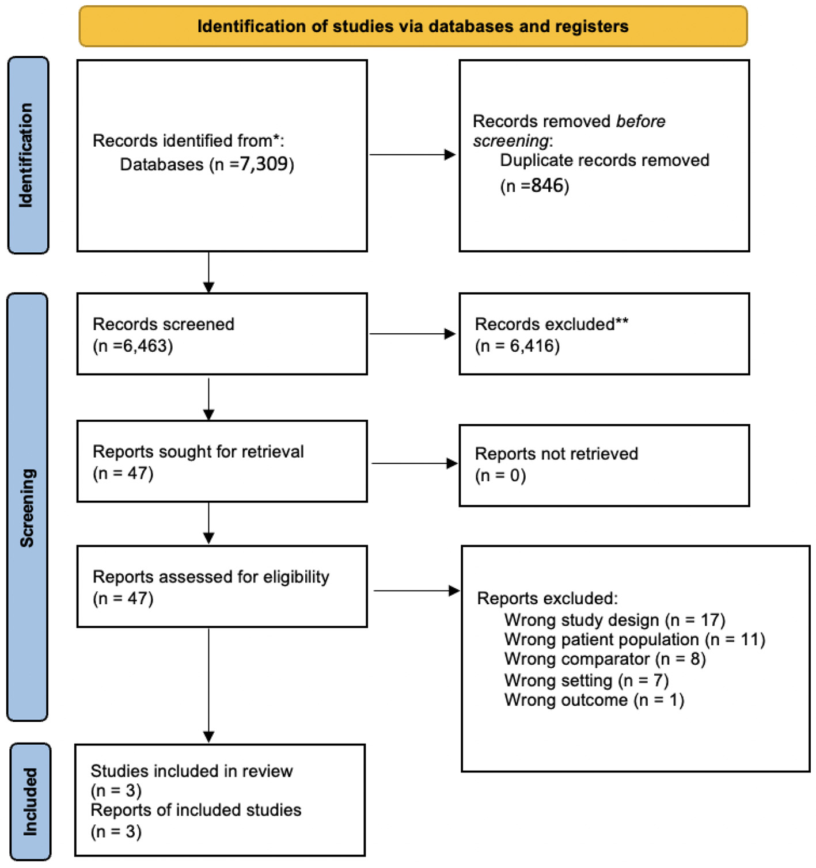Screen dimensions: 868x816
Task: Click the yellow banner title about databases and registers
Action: point(413,26)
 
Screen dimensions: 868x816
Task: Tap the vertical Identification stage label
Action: point(26,155)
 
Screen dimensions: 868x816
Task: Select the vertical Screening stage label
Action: point(27,507)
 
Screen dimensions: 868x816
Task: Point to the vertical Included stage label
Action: point(29,801)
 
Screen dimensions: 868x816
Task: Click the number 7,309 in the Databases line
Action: point(264,165)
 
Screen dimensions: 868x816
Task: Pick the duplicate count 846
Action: point(546,186)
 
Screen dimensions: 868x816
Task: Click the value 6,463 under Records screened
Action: point(147,346)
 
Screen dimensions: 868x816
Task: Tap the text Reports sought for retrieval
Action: point(198,452)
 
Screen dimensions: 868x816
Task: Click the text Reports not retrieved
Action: point(556,454)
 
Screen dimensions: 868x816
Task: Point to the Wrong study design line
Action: point(614,620)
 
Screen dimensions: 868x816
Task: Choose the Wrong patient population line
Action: point(635,639)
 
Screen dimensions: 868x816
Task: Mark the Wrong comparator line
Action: point(605,659)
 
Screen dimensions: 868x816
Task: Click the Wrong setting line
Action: point(586,680)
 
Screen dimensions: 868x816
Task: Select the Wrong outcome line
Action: point(594,700)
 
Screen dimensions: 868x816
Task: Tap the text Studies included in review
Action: point(192,771)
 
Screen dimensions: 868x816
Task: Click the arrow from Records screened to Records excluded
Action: point(412,334)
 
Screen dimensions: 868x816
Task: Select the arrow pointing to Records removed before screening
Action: point(412,155)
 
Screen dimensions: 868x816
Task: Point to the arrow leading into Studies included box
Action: point(208,685)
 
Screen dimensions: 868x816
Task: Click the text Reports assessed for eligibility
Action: point(211,577)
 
